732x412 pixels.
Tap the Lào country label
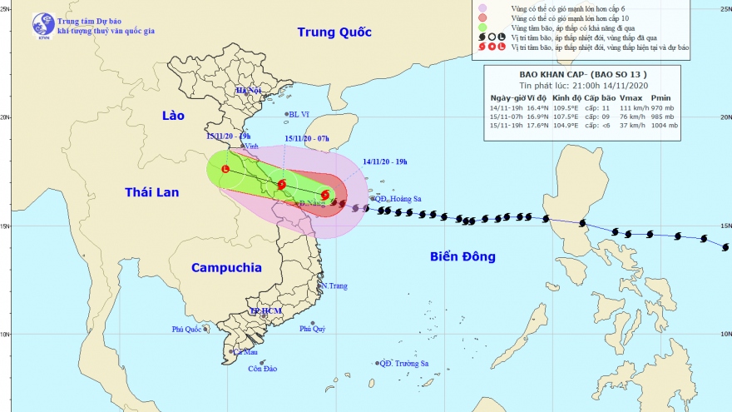[x=173, y=115]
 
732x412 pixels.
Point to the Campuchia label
[x=226, y=268]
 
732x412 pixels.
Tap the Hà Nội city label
[x=248, y=90]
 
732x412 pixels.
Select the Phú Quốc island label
[x=188, y=330]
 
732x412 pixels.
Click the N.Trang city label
[x=333, y=286]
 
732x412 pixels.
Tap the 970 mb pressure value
[x=670, y=107]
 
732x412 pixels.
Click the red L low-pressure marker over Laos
[x=225, y=169]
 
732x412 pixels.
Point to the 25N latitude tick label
[x=723, y=8]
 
